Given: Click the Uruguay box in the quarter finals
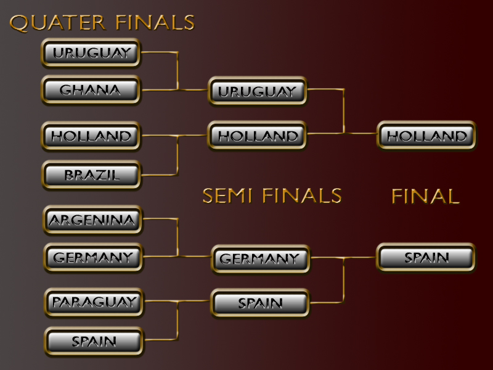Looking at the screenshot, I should tap(91, 53).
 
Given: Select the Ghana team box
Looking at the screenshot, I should tap(91, 90).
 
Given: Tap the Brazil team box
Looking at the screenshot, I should tap(91, 175).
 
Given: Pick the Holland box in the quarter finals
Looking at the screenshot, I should tap(91, 136).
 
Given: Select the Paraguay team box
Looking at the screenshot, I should tap(94, 302).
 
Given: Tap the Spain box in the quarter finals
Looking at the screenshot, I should tap(94, 341).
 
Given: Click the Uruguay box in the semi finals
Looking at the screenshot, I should tap(257, 91).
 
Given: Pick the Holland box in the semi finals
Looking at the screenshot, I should tap(257, 136).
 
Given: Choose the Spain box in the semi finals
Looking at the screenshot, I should tap(260, 303).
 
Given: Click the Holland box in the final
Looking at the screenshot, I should tap(427, 136).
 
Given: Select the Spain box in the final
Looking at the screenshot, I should tap(426, 257).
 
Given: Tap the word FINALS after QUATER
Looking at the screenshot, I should tap(155, 23).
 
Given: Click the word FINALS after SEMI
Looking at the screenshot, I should tap(301, 195).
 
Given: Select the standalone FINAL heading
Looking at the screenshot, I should tap(425, 196).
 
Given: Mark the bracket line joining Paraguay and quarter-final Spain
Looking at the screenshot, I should tap(178, 321).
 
